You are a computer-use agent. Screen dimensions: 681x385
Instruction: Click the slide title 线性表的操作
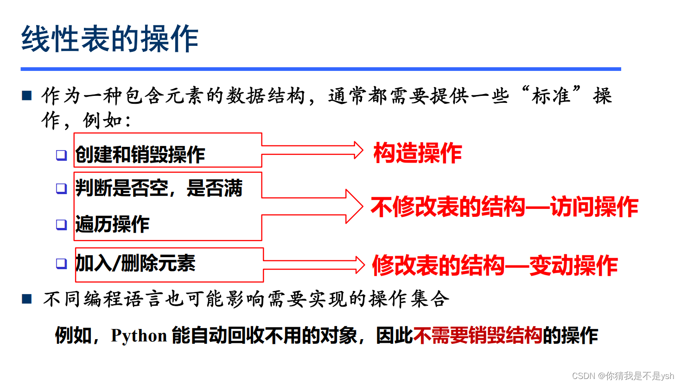click(x=110, y=39)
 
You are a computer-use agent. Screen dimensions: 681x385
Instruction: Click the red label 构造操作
click(x=418, y=153)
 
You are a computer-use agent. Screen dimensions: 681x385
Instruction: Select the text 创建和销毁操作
click(x=140, y=155)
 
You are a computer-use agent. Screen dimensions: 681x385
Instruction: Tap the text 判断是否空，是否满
click(x=159, y=189)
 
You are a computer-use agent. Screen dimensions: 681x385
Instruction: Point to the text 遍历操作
click(x=112, y=224)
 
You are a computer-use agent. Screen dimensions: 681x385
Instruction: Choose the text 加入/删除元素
click(x=135, y=264)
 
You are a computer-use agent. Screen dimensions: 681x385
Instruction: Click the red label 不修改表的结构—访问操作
click(x=504, y=207)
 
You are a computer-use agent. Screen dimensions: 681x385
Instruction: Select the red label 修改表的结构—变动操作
click(x=495, y=265)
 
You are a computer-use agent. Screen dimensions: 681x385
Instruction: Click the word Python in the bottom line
click(x=139, y=335)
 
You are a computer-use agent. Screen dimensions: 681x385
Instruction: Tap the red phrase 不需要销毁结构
click(x=477, y=335)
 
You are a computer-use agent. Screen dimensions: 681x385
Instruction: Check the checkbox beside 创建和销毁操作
click(x=61, y=155)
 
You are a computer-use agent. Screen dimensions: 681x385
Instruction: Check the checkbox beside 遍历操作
click(x=61, y=225)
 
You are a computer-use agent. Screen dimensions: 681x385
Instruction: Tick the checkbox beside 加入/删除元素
click(x=61, y=264)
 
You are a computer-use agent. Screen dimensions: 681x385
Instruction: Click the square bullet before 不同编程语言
click(x=27, y=299)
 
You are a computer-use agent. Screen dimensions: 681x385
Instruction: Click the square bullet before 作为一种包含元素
click(x=27, y=96)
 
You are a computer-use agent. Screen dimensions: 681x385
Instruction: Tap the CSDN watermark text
click(x=623, y=376)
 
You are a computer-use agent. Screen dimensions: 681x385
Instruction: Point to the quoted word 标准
click(x=551, y=96)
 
